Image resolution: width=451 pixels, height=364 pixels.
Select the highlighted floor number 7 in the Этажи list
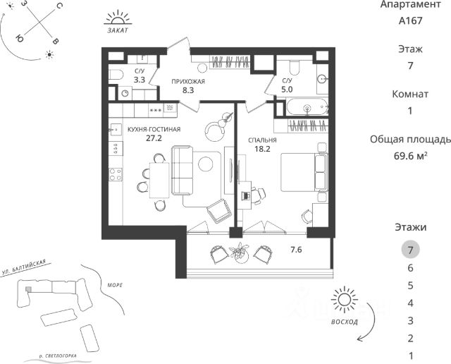[410, 249]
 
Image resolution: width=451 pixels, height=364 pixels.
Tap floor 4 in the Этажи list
[410, 303]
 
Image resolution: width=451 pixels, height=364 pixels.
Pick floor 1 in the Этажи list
[410, 356]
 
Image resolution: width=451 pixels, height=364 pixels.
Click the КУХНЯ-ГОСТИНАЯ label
[154, 130]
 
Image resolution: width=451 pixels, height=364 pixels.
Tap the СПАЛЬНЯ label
[261, 140]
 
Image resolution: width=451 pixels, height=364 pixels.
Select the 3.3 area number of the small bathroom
[140, 80]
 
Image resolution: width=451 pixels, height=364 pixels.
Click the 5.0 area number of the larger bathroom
[288, 90]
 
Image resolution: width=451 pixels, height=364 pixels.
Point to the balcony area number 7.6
[297, 250]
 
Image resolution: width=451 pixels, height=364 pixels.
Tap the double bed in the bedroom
[304, 171]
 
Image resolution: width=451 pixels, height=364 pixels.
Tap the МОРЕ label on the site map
[115, 285]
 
